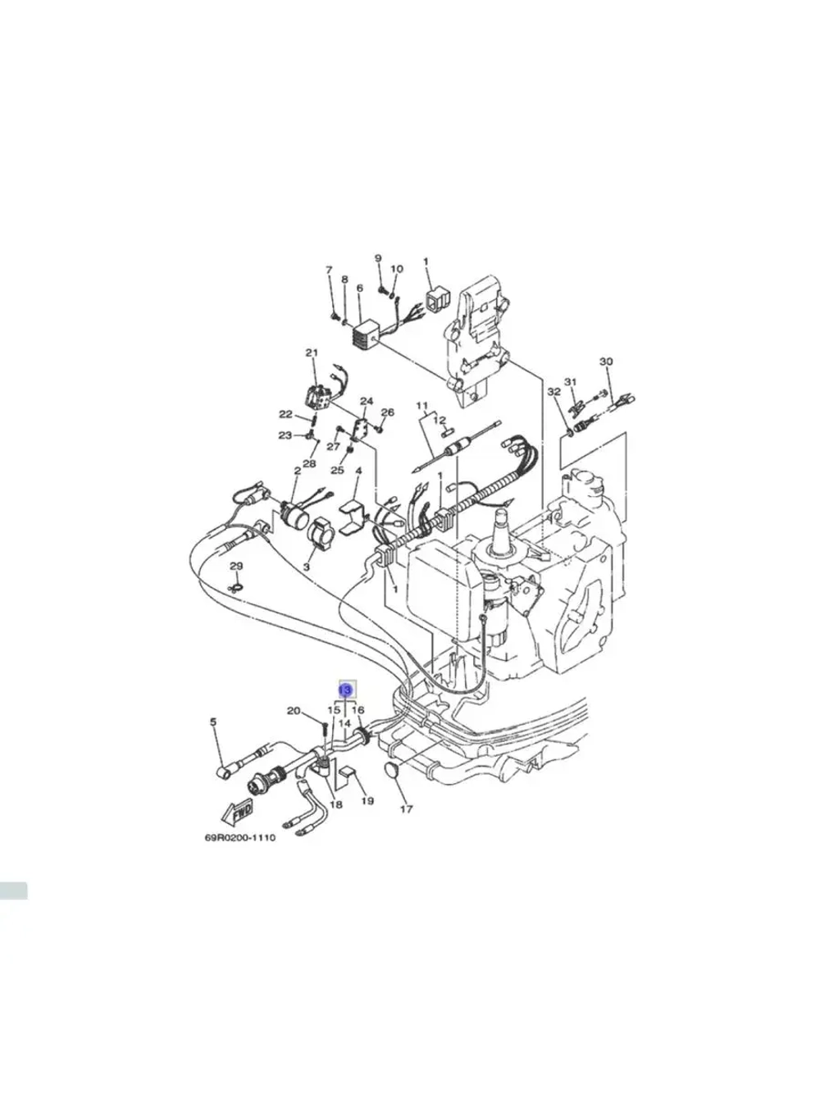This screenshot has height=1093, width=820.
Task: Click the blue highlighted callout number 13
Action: point(346,690)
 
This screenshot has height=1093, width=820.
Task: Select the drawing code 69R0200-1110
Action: point(239,838)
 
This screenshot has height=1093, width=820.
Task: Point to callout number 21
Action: point(312,353)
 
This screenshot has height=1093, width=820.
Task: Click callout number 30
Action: point(606,362)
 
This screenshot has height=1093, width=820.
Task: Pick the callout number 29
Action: point(236,567)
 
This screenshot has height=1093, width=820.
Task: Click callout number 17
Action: point(406,809)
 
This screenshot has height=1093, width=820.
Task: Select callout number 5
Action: point(213,722)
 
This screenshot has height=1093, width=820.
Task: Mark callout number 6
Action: point(359,289)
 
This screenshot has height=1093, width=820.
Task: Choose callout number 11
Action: point(422,406)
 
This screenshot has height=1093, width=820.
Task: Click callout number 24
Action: point(367,402)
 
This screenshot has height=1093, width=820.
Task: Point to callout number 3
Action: point(307,567)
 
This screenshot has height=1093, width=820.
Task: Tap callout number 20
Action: point(294,711)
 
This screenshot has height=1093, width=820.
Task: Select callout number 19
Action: point(367,800)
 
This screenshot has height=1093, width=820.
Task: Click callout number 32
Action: point(553,392)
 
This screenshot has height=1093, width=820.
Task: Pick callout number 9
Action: point(378,259)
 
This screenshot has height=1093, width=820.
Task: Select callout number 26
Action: point(388,412)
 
